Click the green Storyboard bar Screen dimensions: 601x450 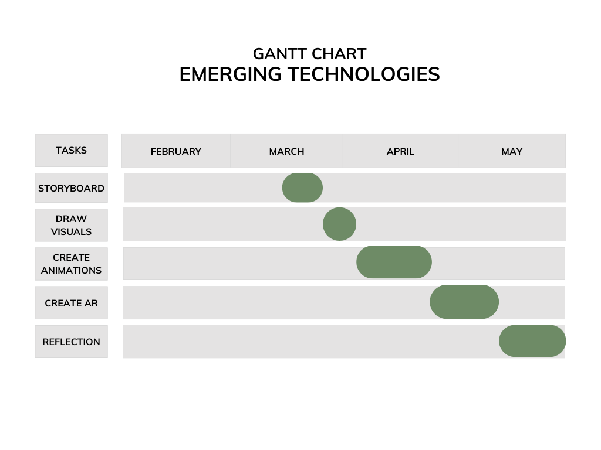[302, 187]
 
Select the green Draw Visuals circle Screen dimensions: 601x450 [340, 224]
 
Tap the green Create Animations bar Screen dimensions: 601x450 [394, 262]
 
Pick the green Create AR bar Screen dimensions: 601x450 [464, 302]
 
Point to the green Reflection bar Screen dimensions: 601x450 [532, 341]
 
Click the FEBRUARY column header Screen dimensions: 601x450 [176, 152]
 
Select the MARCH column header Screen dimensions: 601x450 [286, 152]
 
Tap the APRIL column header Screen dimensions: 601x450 [400, 152]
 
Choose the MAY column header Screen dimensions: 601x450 [512, 152]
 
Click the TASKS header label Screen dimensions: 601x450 [71, 151]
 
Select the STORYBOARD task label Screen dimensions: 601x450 [71, 188]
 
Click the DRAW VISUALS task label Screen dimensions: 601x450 [71, 225]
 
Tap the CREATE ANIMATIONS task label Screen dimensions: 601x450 [71, 264]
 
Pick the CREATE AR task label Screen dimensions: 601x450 [71, 303]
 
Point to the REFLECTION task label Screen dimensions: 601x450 [71, 342]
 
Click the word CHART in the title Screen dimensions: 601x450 [337, 54]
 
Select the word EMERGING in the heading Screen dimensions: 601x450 [230, 74]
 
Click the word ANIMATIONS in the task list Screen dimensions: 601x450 [71, 270]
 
